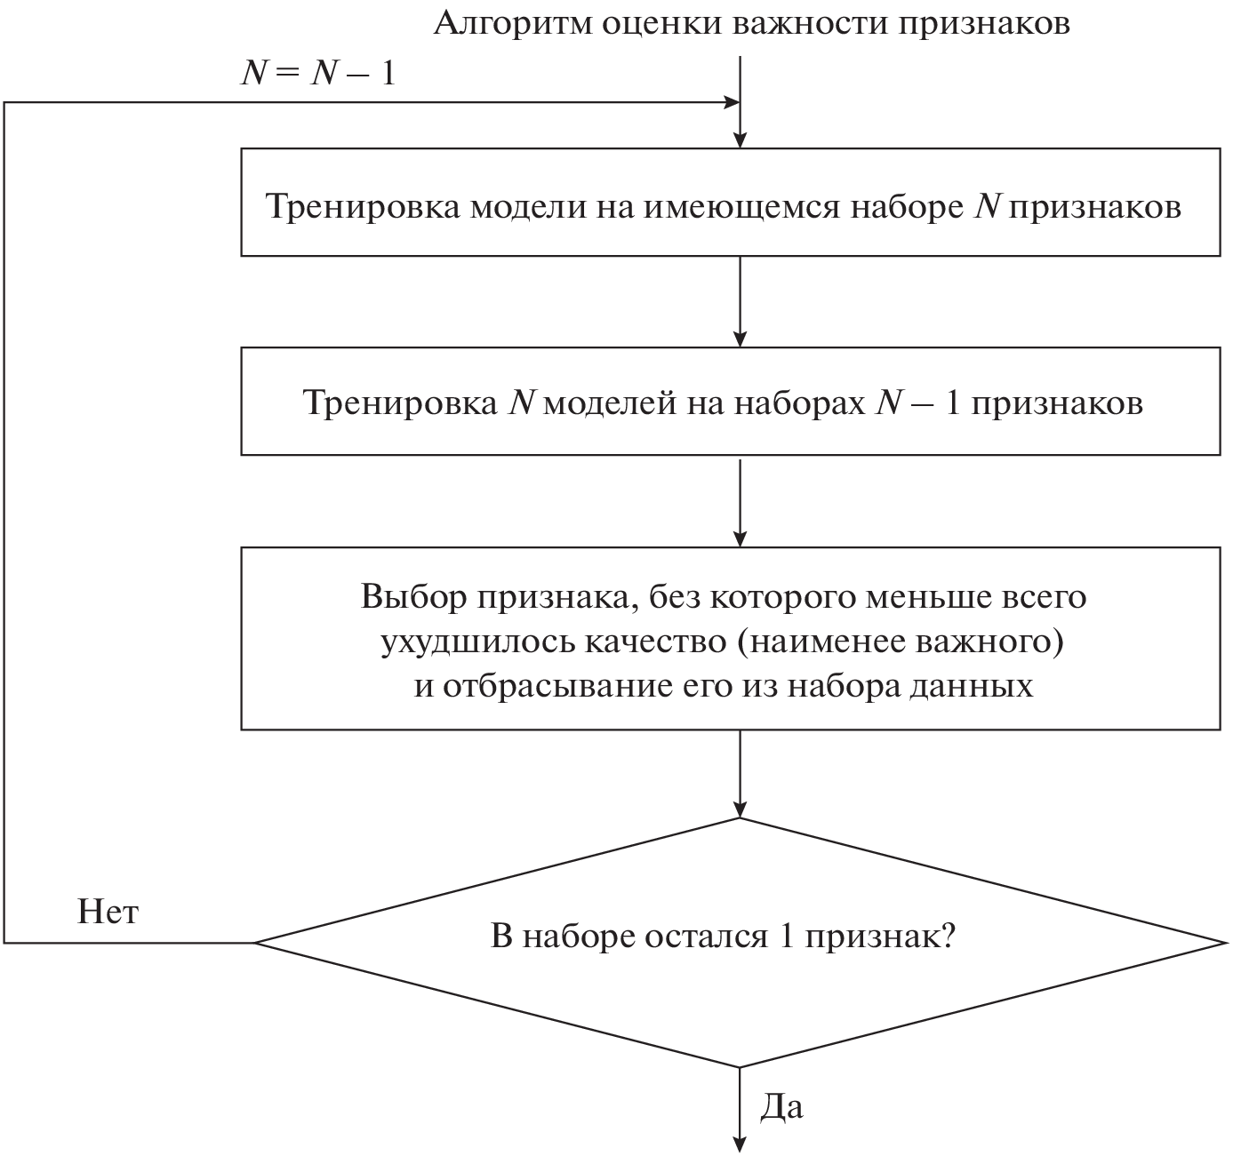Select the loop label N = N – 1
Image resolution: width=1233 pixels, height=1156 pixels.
pos(317,73)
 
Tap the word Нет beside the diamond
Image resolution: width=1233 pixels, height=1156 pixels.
pos(108,912)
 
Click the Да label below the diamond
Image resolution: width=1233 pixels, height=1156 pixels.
pos(782,1106)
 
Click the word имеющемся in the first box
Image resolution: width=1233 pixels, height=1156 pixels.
pos(741,207)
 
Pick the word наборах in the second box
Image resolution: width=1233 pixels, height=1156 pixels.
pos(797,403)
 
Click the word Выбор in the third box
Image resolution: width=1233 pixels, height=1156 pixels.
pos(414,596)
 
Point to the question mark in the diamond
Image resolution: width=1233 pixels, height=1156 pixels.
pos(947,937)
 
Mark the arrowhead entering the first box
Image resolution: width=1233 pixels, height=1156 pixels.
pos(740,139)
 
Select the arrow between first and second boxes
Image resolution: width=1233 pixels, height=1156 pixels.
pos(740,302)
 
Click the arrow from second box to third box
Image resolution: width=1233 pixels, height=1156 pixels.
pos(740,502)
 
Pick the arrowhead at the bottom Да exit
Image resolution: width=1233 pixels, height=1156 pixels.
pos(740,1144)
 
